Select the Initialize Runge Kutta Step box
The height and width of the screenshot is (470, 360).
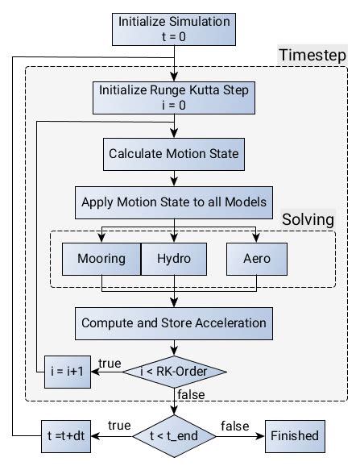point(175,98)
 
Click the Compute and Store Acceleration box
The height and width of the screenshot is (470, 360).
point(175,322)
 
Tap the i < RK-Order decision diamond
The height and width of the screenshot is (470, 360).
point(175,372)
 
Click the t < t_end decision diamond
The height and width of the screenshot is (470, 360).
point(175,436)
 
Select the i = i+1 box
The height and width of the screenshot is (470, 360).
point(67,372)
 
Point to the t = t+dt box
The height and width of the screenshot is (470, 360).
point(67,436)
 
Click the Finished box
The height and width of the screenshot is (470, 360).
point(294,436)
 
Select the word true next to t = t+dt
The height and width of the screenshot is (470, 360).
point(118,424)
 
